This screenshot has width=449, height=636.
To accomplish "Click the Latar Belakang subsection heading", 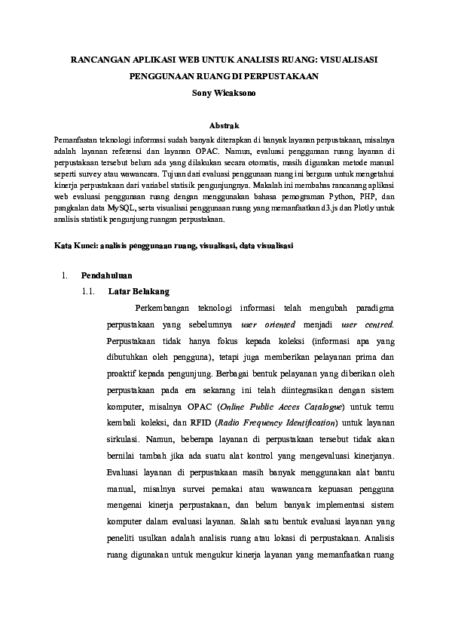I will click(x=139, y=290).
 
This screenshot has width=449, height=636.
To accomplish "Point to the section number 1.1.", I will click(x=87, y=290).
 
